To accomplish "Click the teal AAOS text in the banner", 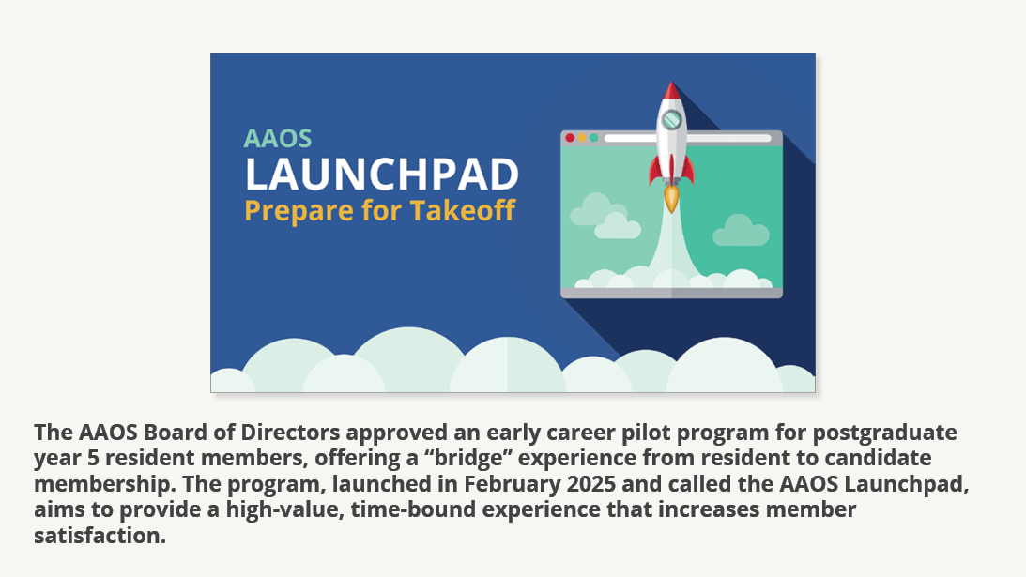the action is click(278, 139).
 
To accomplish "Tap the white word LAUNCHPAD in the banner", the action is click(382, 174).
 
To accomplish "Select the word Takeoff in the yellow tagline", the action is click(463, 211).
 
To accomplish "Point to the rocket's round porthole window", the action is click(671, 120).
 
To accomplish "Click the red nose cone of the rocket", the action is click(671, 91).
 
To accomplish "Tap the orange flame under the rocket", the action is click(671, 199).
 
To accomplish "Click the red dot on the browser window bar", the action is click(570, 138).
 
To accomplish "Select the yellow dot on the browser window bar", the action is click(582, 138).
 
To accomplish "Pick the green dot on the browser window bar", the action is click(593, 138).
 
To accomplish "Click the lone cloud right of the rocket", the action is click(741, 231).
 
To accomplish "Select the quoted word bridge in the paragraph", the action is click(467, 457).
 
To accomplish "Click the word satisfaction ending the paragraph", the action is click(100, 536).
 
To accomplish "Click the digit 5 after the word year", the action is click(93, 458).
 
